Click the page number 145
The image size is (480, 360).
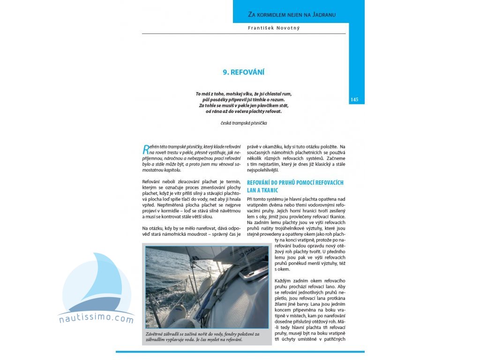(354, 99)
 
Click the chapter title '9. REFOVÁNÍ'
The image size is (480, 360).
(243, 72)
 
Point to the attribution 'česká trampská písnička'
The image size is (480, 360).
(244, 123)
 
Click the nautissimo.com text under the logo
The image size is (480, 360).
(96, 320)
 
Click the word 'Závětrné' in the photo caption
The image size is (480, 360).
(157, 334)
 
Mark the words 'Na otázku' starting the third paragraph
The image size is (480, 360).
(152, 228)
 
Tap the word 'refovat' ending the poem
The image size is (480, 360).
(274, 111)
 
